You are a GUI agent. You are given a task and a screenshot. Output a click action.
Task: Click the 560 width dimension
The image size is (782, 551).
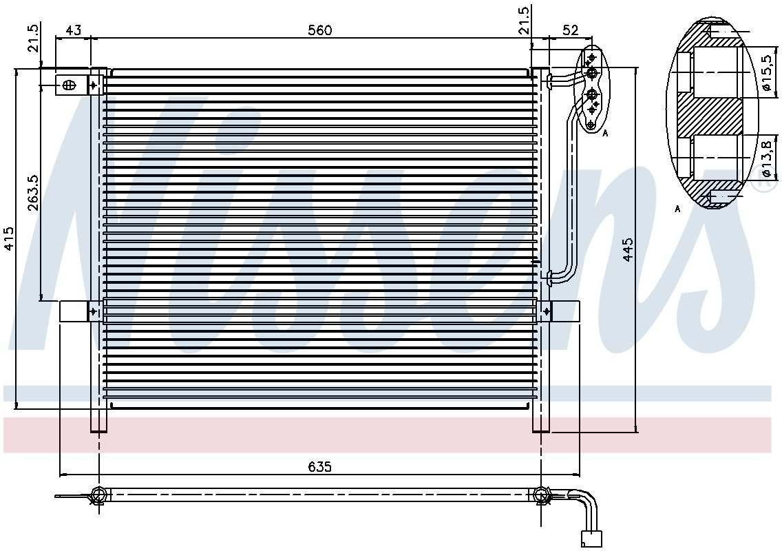pyautogui.click(x=320, y=30)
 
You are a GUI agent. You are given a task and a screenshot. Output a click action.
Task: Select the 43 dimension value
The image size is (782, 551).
pyautogui.click(x=73, y=30)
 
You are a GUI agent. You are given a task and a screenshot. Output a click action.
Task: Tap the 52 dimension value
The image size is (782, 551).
pyautogui.click(x=570, y=30)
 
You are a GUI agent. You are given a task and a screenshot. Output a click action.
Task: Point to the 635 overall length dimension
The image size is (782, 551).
pyautogui.click(x=320, y=466)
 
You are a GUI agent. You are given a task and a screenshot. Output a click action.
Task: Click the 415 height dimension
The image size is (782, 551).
pyautogui.click(x=8, y=238)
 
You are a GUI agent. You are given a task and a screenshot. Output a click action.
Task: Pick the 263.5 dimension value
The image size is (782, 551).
pyautogui.click(x=32, y=192)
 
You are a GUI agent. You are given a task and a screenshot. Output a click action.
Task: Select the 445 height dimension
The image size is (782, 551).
pyautogui.click(x=627, y=249)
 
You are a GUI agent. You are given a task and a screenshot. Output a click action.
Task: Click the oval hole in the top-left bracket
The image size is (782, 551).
pyautogui.click(x=68, y=85)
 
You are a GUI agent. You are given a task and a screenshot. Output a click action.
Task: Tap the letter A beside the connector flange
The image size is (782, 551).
pyautogui.click(x=605, y=133)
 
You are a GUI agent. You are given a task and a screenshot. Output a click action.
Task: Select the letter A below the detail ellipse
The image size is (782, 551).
pyautogui.click(x=677, y=209)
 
